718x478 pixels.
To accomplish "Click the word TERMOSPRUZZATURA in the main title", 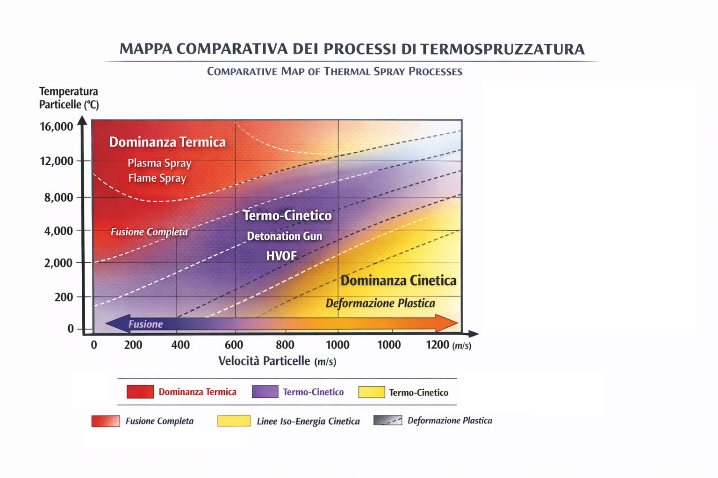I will [x=502, y=49].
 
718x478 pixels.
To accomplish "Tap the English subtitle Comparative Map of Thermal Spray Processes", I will [x=335, y=71].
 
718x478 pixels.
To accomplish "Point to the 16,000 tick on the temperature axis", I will [x=57, y=127].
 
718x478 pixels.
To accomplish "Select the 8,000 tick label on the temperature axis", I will [x=59, y=197].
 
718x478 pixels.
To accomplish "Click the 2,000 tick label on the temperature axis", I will [x=59, y=263].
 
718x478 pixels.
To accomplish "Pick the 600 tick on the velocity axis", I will [x=234, y=345].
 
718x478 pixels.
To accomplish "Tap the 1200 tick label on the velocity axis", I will [x=438, y=345].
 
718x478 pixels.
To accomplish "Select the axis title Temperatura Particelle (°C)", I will [x=69, y=98].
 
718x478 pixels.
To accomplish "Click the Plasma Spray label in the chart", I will [x=159, y=163].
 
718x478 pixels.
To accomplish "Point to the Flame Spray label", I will [x=157, y=178].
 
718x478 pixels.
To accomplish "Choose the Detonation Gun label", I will [x=284, y=236].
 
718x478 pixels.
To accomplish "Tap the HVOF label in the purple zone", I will [x=281, y=256].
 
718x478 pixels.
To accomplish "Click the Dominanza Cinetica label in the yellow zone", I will [x=398, y=281].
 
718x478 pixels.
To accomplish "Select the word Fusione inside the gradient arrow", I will [x=145, y=324].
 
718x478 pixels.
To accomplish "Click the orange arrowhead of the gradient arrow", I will [x=446, y=323].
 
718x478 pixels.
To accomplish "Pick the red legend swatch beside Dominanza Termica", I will [x=140, y=392].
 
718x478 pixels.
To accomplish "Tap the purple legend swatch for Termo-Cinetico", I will [x=265, y=392].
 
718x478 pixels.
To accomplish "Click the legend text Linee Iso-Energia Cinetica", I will [x=308, y=421].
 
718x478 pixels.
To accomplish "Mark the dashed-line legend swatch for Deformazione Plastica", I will [x=388, y=421].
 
